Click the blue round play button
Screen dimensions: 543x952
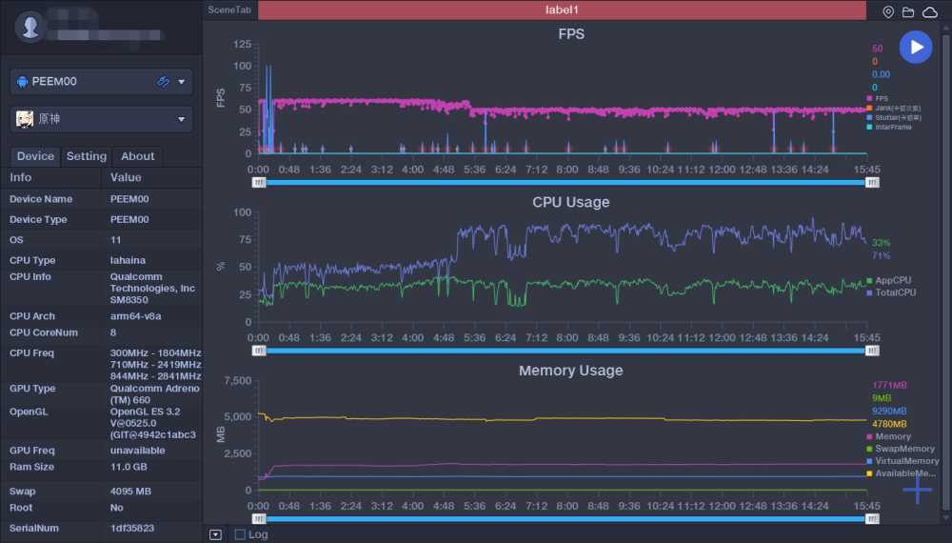pos(916,47)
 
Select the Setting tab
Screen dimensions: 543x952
pos(87,156)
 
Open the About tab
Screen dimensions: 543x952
pos(137,156)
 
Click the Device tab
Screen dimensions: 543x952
pos(35,156)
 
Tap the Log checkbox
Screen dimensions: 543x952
pos(240,534)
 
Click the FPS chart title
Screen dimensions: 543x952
pos(571,34)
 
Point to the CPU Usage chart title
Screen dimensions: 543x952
pos(571,202)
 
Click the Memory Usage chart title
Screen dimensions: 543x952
pos(571,371)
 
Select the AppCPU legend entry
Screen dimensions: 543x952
pos(892,280)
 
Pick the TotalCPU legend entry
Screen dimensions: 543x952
pos(895,292)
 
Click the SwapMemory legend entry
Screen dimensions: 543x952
pos(904,449)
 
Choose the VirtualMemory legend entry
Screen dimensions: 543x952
pos(906,461)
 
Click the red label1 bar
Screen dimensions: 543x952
pos(562,10)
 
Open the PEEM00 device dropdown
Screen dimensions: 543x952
pos(102,82)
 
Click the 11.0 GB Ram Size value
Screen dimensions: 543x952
pos(129,467)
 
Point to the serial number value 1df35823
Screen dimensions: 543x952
pos(132,527)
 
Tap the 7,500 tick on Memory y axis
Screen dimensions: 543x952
pos(237,381)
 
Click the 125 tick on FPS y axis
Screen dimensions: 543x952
pos(242,45)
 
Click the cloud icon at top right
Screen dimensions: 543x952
pos(929,11)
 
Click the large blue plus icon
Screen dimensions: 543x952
pos(918,490)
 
